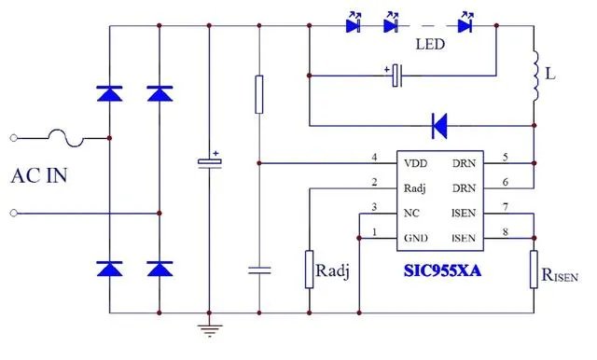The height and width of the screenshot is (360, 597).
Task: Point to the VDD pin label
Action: pyautogui.click(x=416, y=162)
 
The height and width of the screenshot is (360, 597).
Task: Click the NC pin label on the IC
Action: pyautogui.click(x=411, y=213)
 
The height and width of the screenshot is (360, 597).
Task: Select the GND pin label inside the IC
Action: pyautogui.click(x=415, y=238)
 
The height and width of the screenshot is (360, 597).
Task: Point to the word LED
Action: pyautogui.click(x=429, y=45)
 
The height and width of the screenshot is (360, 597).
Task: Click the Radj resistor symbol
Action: pyautogui.click(x=309, y=269)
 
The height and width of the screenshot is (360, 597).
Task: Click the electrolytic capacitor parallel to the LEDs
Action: pyautogui.click(x=396, y=75)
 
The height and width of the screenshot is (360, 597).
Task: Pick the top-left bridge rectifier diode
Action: pyautogui.click(x=110, y=92)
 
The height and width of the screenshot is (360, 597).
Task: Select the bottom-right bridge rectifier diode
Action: pyautogui.click(x=160, y=269)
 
